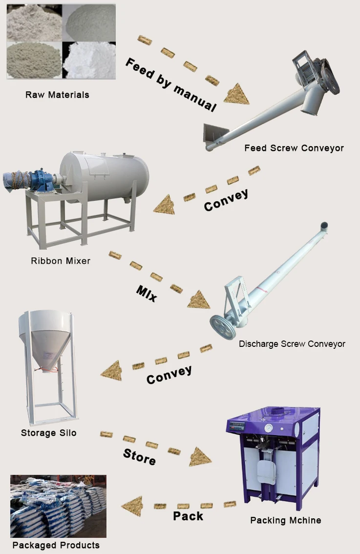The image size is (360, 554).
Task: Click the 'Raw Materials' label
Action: (57, 94)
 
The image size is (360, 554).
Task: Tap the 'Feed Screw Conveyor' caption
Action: (294, 148)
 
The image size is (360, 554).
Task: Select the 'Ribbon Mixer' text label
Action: (61, 261)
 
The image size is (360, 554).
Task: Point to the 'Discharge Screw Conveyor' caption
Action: (292, 344)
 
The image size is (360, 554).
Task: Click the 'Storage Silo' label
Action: (49, 433)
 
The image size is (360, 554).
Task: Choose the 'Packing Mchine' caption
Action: (286, 520)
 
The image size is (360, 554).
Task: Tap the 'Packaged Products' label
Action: (56, 545)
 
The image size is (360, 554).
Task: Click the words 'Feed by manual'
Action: (170, 84)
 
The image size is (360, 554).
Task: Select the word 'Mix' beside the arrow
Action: (147, 293)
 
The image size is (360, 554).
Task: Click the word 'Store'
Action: (140, 457)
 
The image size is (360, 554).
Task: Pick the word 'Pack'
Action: (188, 515)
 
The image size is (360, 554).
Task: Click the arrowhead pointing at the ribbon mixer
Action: (164, 206)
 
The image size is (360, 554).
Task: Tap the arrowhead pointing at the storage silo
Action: (111, 371)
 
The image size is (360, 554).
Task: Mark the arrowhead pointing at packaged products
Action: (132, 507)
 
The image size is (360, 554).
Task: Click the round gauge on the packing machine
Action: (268, 426)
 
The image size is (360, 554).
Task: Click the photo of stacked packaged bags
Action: (58, 506)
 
